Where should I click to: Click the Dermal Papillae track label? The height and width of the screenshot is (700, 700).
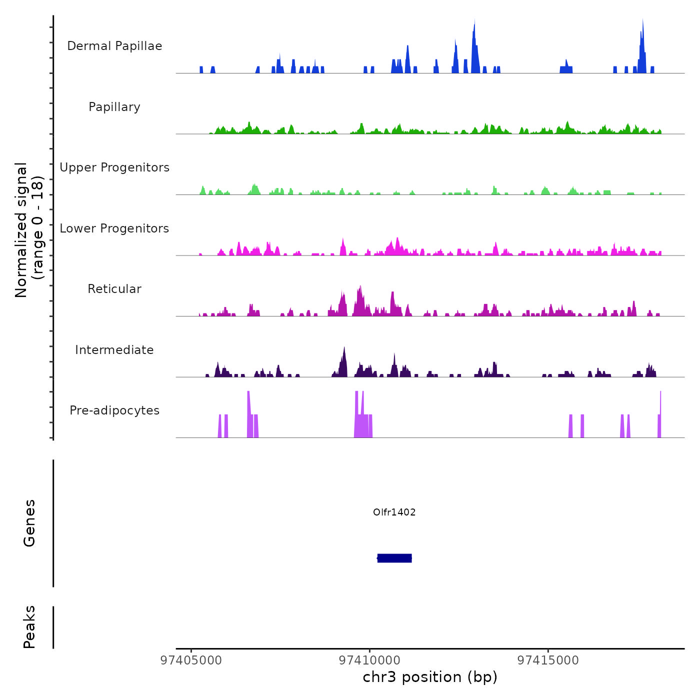114,46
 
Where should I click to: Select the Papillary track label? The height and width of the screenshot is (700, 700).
114,107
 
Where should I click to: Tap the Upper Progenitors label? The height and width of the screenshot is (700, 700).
114,167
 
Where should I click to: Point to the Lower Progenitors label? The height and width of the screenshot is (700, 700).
114,228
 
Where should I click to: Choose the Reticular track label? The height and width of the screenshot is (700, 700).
114,289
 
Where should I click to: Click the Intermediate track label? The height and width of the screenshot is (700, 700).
114,350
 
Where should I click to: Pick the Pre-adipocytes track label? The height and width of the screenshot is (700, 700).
114,410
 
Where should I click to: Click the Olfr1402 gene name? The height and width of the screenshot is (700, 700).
394,512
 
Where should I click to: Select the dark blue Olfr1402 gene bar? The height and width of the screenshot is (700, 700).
394,558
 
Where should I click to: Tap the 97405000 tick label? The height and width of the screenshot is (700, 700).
191,660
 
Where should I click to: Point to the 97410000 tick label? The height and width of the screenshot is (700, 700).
369,660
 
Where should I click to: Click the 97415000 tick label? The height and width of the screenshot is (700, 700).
548,660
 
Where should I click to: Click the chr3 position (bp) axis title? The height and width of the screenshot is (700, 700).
430,677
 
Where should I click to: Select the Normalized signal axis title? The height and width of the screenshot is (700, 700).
29,230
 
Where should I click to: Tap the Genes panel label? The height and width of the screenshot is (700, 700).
29,523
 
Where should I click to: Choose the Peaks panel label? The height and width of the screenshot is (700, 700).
29,627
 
